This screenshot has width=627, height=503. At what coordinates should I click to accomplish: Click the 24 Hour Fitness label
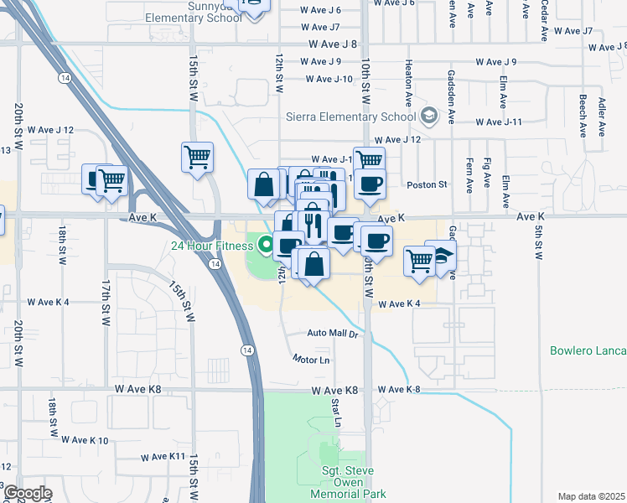click(x=211, y=246)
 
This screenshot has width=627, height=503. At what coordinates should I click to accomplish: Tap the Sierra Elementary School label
click(x=351, y=117)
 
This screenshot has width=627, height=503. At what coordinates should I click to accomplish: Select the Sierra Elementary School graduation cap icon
click(x=430, y=115)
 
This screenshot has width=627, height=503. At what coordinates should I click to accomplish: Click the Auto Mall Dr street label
click(x=333, y=334)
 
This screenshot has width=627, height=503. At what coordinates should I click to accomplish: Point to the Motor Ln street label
click(x=311, y=360)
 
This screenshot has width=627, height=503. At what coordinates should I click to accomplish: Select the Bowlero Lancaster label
click(x=588, y=350)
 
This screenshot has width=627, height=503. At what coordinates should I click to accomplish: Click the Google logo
click(x=28, y=493)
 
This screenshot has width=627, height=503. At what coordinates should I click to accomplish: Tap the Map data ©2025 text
click(x=591, y=496)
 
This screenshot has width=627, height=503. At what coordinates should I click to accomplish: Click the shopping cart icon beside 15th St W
click(x=197, y=156)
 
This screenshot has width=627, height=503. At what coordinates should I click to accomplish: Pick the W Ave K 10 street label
click(x=80, y=440)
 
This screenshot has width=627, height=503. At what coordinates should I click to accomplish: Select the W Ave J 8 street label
click(x=333, y=44)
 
